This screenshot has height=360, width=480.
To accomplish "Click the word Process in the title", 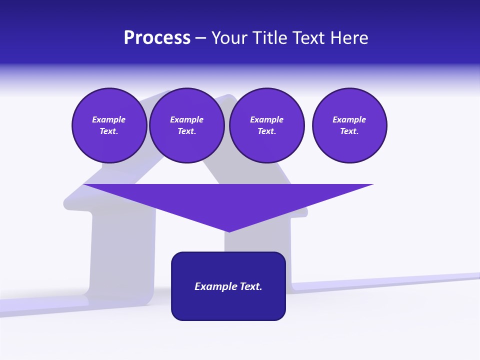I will [157, 38].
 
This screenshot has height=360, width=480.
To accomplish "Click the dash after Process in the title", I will [200, 38].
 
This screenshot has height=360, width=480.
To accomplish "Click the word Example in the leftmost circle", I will [108, 119].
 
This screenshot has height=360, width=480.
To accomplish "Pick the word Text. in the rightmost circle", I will [349, 131].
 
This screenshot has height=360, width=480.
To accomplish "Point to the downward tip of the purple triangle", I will [229, 230].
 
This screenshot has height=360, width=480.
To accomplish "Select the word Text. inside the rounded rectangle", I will [251, 286].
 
